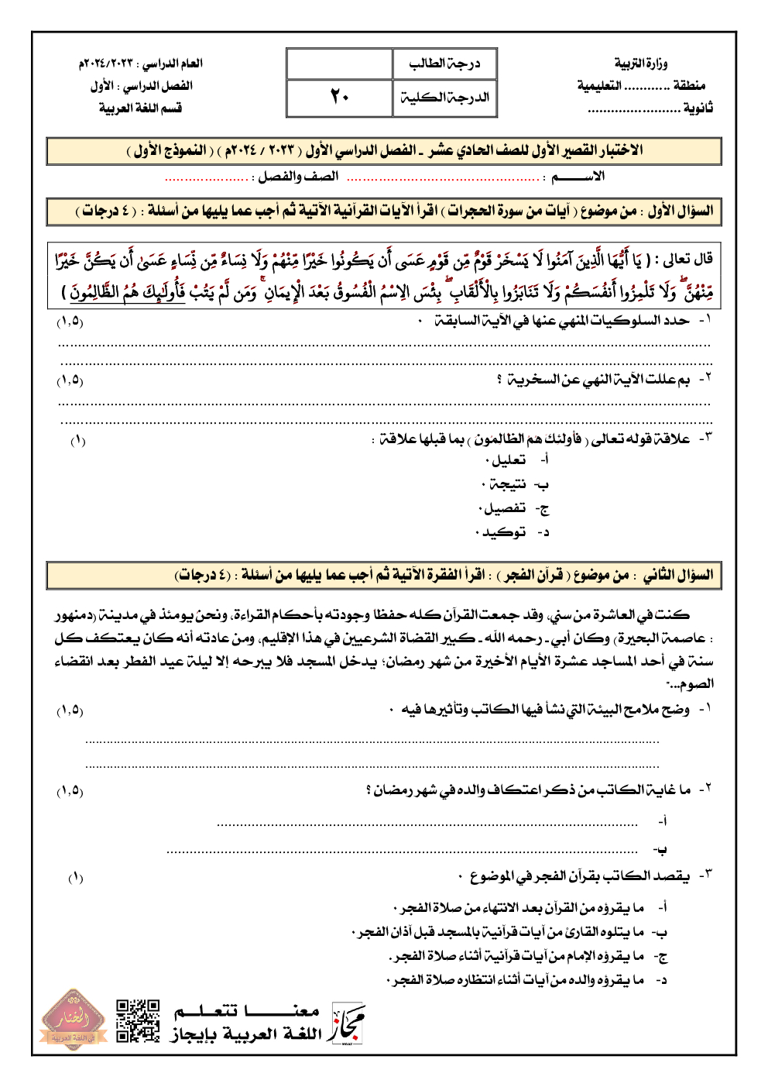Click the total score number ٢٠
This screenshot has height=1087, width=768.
pos(339,97)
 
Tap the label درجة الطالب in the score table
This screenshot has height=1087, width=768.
pos(444,64)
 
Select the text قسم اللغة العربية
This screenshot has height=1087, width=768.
pos(140,108)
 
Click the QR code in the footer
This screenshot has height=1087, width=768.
pos(138,1020)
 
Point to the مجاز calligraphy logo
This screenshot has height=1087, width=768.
pos(348,1024)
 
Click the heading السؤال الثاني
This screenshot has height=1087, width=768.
pos(678,575)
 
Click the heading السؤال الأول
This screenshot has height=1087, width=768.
pos(681,211)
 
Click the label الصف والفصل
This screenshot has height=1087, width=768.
pos(298,177)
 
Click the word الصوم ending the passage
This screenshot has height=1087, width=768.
pos(694,683)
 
